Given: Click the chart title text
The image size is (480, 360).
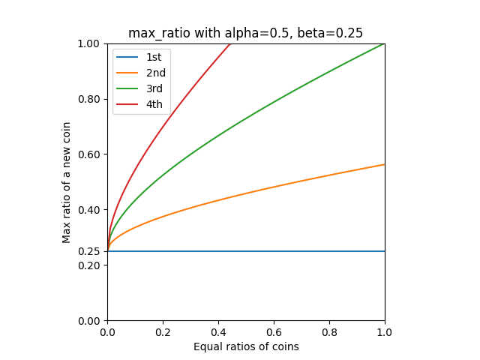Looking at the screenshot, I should coord(245,33).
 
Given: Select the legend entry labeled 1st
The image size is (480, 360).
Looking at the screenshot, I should coord(153,57).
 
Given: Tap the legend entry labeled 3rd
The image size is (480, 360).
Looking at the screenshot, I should coord(154,88).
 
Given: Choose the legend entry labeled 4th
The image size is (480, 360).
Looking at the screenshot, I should coord(154,104).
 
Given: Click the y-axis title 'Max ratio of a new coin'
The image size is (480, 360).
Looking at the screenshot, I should coord(67,182).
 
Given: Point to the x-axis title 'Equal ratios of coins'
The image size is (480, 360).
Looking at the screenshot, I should coord(246,346).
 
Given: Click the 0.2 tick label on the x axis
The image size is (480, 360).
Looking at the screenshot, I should coord(163,331).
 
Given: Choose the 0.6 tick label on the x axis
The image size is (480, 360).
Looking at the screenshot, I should coord(274,331).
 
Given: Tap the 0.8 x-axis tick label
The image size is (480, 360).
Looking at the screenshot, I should coord(329,331).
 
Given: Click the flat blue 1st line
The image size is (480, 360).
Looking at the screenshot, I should coord(247,251).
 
